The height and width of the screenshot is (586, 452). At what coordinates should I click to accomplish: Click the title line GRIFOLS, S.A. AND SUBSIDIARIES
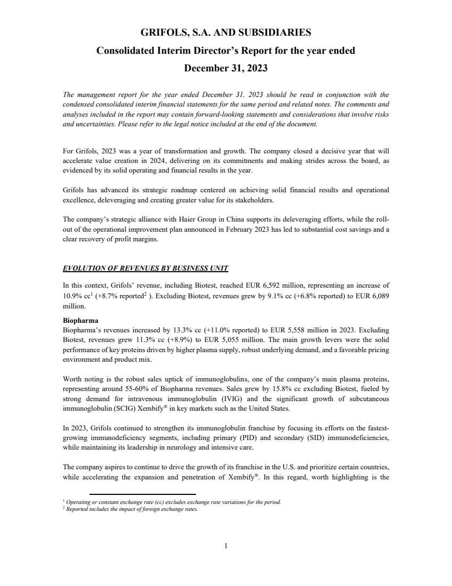pos(226,33)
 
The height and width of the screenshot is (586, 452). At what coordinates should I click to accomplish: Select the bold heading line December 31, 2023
pos(226,68)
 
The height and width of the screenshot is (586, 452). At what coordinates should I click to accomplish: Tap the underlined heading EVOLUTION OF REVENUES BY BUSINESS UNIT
pos(146,267)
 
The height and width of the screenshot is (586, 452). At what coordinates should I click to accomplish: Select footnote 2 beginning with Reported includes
pos(131,509)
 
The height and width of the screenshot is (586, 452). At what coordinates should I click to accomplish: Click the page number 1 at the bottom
pos(226,545)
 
